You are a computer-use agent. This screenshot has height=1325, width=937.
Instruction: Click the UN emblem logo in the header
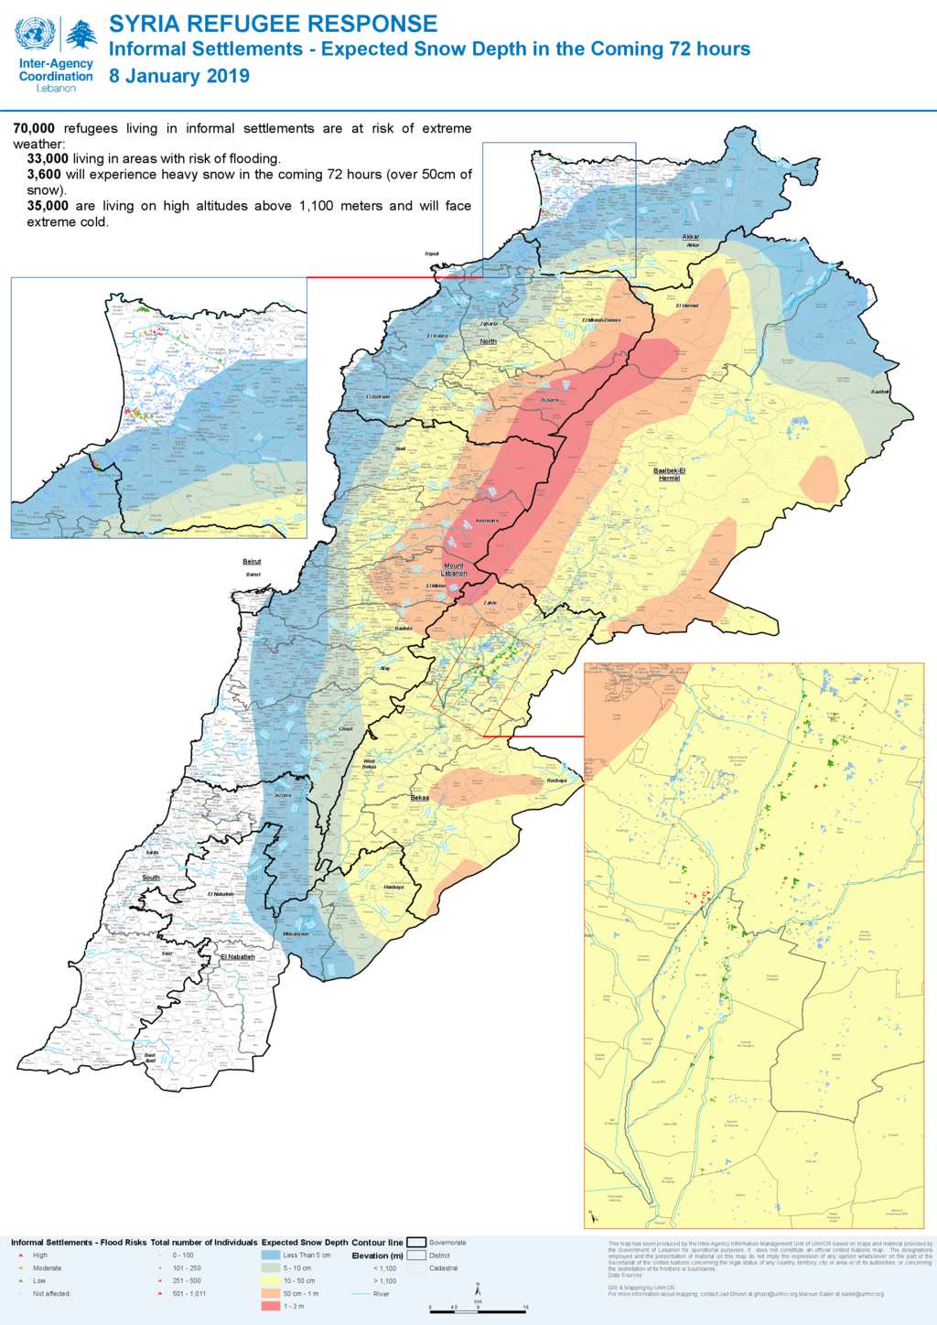35,34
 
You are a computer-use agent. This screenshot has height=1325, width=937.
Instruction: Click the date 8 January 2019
179,76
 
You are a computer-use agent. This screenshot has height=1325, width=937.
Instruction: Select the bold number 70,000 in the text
34,128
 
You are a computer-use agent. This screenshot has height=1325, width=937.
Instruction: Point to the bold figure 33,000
48,158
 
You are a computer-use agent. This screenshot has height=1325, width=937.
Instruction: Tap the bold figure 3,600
44,174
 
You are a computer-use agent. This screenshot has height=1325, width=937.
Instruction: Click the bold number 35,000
48,206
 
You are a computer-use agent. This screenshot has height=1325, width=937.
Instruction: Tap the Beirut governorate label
252,562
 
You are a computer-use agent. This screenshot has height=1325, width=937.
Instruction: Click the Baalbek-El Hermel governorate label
669,474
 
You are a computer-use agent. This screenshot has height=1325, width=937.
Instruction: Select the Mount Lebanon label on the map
454,569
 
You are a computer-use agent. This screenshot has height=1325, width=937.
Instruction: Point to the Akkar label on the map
691,237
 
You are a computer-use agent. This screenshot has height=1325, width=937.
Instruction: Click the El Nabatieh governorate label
237,956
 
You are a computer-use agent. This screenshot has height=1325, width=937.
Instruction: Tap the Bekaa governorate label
419,798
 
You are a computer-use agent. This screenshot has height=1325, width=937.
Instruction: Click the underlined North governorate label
489,341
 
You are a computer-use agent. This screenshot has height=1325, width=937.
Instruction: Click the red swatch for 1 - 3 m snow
271,1306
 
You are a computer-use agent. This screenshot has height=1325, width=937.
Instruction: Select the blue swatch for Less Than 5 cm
271,1255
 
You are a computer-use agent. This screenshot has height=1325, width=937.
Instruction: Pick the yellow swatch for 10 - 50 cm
271,1280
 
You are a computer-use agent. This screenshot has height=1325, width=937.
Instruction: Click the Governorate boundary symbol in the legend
416,1243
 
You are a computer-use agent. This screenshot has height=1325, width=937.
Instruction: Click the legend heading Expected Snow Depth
305,1243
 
